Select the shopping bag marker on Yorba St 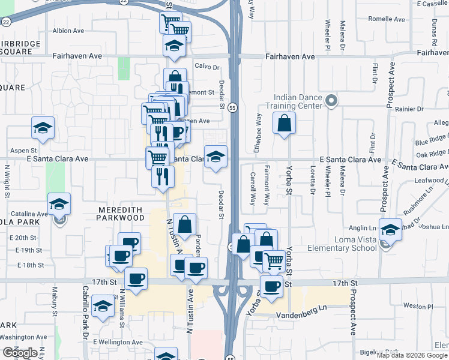coord(285,124)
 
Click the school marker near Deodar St coord(216,157)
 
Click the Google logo coord(19,353)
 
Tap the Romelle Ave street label coord(387,19)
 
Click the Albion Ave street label coord(68,30)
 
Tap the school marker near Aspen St coord(43,128)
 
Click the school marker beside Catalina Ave coord(59,205)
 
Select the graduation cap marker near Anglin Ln coord(390,229)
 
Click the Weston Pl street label coord(414,305)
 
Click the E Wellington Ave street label coord(118,342)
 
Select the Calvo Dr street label coord(206,67)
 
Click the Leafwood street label coord(428,180)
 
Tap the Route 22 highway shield coord(6,20)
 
